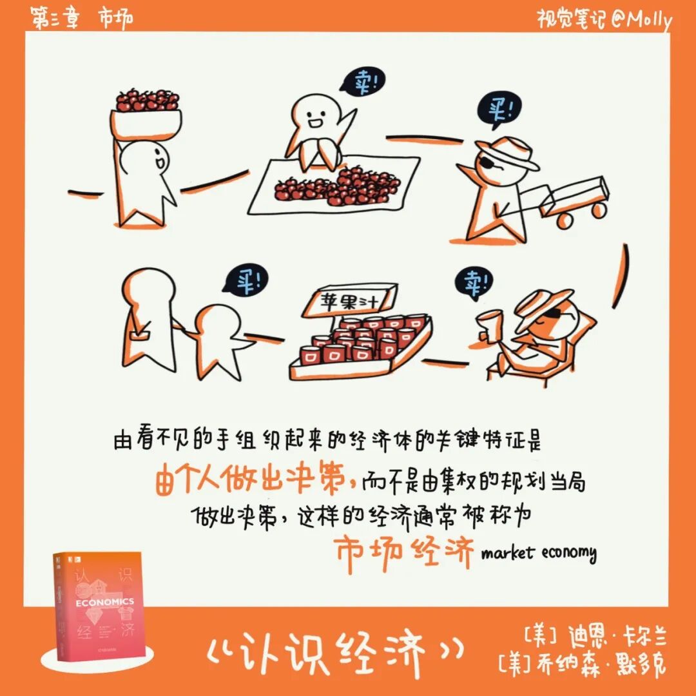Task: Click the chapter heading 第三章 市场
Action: click(82, 19)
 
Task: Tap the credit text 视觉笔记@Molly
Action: click(604, 19)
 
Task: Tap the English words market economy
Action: click(538, 554)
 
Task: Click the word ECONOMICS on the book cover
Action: click(105, 603)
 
